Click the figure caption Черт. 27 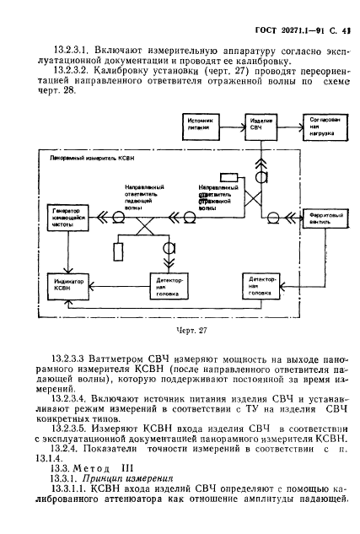181,330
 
